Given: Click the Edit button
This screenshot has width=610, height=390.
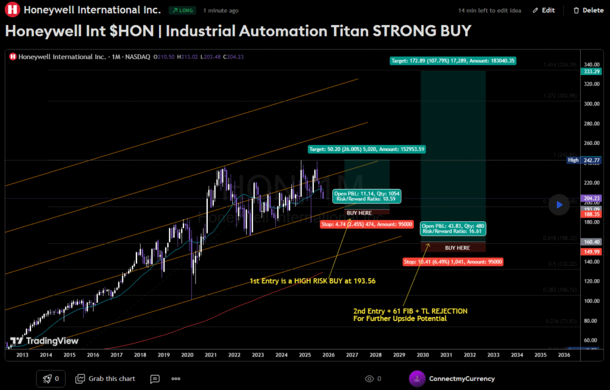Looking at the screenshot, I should pos(543,10).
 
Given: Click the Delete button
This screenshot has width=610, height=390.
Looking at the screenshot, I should pos(588,10).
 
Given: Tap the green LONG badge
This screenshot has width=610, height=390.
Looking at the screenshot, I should pos(182,10).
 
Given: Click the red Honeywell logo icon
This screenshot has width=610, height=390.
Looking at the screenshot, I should pos(11,10).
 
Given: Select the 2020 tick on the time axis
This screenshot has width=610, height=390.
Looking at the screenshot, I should pos(187,355).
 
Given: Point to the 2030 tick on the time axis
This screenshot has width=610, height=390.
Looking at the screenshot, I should pos(423,355).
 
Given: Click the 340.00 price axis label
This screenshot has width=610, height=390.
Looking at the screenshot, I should pos(591,64).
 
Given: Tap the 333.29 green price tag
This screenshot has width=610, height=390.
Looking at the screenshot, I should pos(591,72).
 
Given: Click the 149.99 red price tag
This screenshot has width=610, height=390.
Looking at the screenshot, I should pos(591,252).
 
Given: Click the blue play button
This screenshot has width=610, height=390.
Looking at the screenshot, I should pos(559,205).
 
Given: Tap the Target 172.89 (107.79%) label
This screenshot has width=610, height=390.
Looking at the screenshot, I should pos(453,60).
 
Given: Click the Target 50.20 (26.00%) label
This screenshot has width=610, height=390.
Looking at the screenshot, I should pos(366,148).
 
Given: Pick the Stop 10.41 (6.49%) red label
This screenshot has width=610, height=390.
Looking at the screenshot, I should pos(453,261).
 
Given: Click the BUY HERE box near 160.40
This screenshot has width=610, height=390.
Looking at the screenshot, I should pos(457,247).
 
